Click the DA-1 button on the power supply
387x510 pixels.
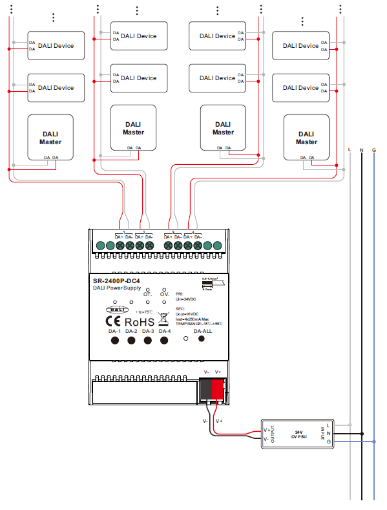point(115,341)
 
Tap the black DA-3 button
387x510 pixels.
point(148,341)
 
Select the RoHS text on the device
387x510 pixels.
point(139,321)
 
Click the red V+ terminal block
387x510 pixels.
point(218,388)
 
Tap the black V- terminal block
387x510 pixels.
point(206,388)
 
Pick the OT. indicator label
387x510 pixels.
point(147,294)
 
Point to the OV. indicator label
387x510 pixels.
point(165,294)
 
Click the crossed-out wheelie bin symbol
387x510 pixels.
point(163,318)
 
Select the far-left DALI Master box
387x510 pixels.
point(50,138)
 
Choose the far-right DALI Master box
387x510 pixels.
point(307,138)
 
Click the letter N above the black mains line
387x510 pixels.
point(362,150)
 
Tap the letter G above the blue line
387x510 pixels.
point(374,150)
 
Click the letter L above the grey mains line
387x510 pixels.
point(350,150)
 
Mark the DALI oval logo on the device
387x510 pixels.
point(112,310)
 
